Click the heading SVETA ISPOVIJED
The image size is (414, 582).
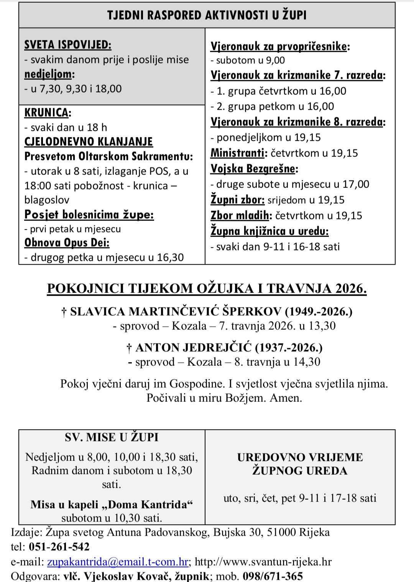(67, 45)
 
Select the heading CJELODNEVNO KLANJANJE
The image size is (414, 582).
(89, 142)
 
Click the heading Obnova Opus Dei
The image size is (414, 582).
(67, 243)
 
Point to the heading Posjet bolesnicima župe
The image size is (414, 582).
(89, 214)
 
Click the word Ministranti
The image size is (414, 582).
(238, 153)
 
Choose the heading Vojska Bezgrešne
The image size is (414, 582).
(254, 169)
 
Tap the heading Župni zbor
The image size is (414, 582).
(238, 200)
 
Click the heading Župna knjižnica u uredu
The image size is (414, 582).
(269, 231)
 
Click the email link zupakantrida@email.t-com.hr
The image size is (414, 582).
(118, 562)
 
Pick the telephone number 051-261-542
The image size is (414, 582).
(59, 547)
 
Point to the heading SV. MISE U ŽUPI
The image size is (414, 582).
(112, 437)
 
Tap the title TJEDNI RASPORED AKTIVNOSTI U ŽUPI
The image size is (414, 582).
(207, 15)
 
